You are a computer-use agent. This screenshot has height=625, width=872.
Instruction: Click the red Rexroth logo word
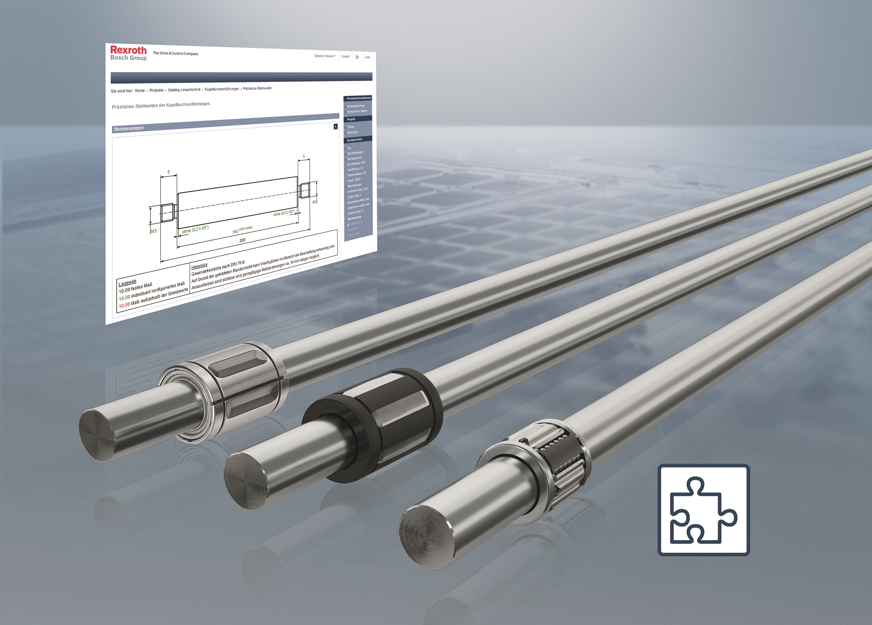click(x=128, y=50)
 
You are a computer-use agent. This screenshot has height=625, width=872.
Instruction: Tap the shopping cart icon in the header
click(x=357, y=57)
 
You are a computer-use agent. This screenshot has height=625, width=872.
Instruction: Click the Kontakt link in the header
click(x=345, y=57)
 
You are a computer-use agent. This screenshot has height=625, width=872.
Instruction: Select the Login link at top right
click(x=368, y=57)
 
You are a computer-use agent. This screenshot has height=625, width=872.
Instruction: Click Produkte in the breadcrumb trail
click(x=156, y=90)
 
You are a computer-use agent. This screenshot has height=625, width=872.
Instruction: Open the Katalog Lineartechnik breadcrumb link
click(x=184, y=90)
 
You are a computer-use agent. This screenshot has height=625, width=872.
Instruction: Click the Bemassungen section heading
click(x=129, y=129)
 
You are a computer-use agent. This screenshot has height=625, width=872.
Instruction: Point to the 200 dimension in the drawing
click(x=242, y=240)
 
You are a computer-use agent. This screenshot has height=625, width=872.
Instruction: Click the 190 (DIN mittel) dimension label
click(x=242, y=230)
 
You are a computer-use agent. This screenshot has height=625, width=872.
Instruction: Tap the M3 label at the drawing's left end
click(x=153, y=231)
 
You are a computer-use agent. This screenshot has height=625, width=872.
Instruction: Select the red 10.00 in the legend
click(x=124, y=305)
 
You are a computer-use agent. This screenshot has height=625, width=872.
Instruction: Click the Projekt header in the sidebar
click(x=351, y=119)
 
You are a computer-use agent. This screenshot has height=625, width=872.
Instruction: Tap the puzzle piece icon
click(x=703, y=510)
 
